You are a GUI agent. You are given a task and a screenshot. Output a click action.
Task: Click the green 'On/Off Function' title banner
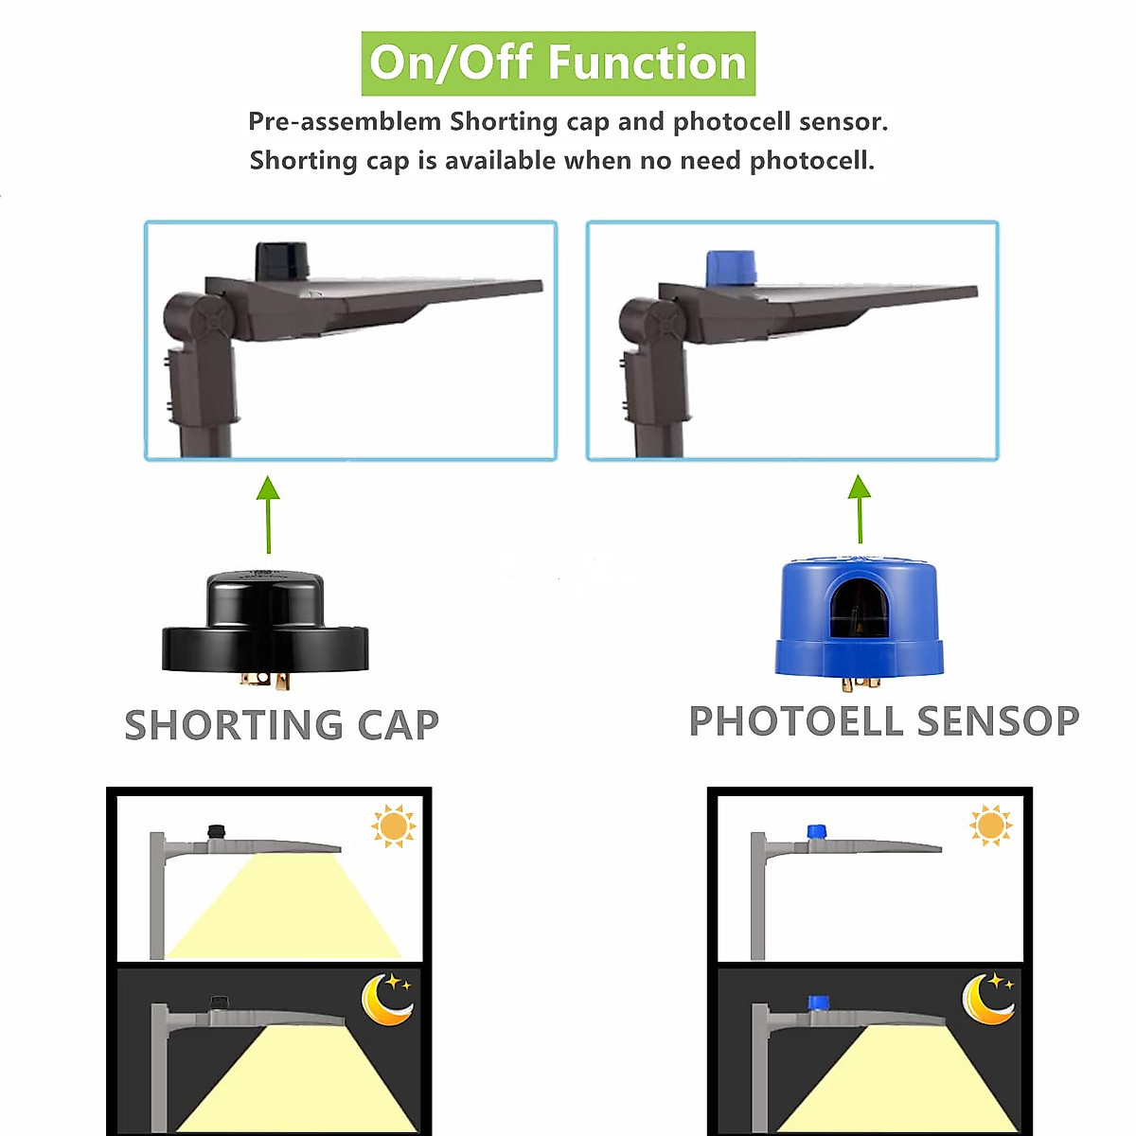pos(558,63)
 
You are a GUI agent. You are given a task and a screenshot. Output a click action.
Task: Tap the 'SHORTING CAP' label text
pos(282,725)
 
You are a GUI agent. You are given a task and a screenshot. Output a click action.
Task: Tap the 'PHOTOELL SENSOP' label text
pos(883,721)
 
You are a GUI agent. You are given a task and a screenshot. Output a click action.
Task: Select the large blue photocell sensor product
pos(860,617)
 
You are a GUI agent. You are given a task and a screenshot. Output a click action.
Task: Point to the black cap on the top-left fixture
pos(282,260)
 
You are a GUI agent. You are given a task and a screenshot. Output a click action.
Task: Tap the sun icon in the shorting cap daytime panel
pos(393,826)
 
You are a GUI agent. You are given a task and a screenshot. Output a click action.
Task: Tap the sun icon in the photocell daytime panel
pos(990,825)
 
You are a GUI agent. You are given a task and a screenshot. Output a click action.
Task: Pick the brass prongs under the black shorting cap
pos(264,679)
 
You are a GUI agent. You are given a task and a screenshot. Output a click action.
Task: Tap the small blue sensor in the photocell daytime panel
pos(817,831)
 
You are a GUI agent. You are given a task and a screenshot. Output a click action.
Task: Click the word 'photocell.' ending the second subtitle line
pos(812,161)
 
